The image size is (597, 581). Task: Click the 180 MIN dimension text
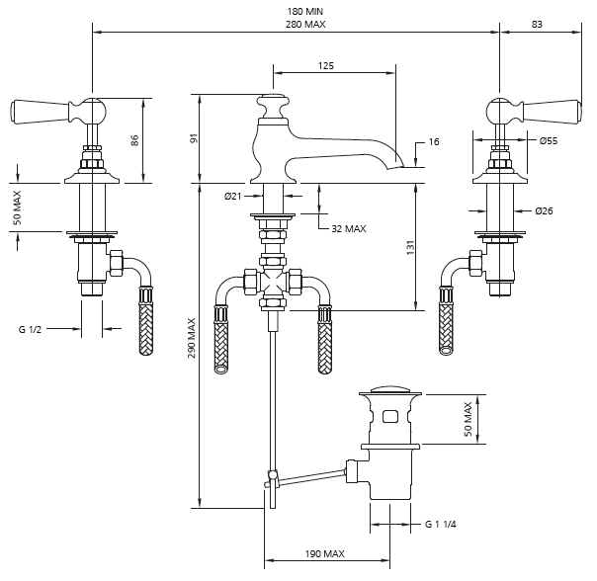click(x=305, y=12)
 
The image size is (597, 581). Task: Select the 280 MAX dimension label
click(x=305, y=25)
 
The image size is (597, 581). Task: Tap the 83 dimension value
click(x=537, y=24)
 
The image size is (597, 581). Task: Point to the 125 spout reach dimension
click(x=326, y=66)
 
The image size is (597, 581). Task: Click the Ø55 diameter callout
click(x=549, y=141)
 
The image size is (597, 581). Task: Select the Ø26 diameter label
click(x=544, y=210)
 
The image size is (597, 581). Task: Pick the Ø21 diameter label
click(x=232, y=196)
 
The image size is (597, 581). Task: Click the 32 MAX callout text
click(x=349, y=229)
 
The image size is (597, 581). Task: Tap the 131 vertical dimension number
click(x=410, y=247)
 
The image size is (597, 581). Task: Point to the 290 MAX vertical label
click(x=192, y=338)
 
